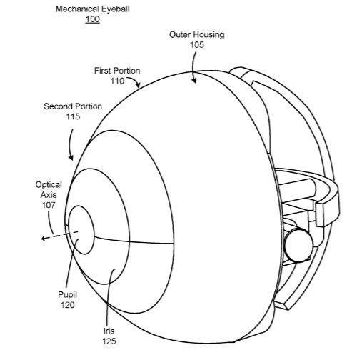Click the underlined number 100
click(92, 19)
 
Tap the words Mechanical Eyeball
click(92, 9)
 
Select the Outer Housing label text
click(197, 35)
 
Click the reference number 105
click(197, 45)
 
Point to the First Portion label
click(117, 71)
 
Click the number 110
click(117, 81)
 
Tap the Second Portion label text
click(73, 106)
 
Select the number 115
click(73, 116)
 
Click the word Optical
click(49, 185)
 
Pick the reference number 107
click(49, 205)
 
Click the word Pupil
click(67, 295)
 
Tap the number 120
click(68, 305)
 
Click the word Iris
click(109, 331)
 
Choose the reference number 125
click(109, 341)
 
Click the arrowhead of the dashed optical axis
click(44, 238)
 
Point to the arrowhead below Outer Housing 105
click(194, 81)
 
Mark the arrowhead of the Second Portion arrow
click(71, 157)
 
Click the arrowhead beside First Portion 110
click(138, 85)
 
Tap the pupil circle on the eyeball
click(81, 230)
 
